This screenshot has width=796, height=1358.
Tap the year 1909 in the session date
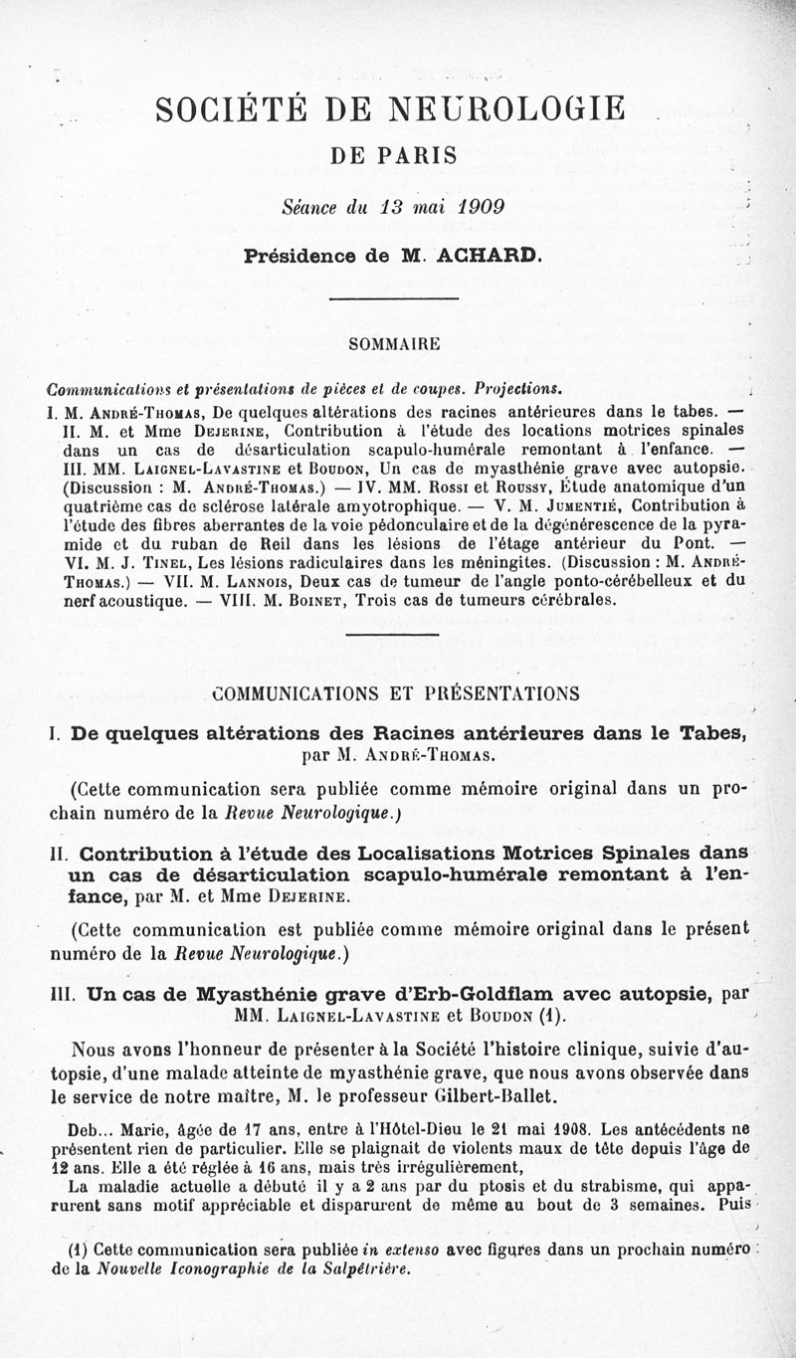coord(474,207)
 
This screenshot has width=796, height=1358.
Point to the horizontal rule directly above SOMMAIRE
coord(393,297)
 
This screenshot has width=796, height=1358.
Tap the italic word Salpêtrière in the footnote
coord(357,1268)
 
